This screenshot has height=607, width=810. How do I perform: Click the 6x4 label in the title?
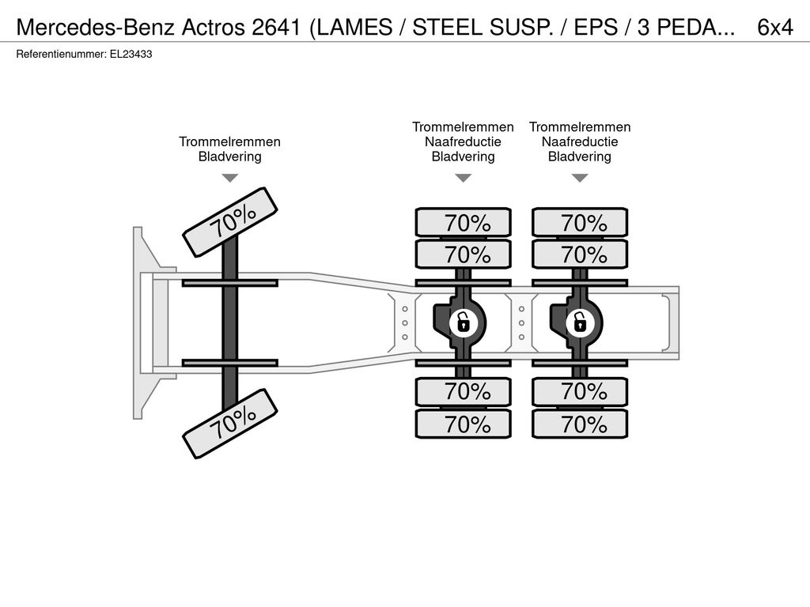775,28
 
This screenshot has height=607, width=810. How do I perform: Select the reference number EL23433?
131,55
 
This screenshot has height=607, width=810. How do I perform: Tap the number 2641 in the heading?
276,28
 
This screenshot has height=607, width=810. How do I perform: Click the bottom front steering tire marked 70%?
230,424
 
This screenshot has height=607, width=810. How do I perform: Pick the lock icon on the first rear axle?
464,323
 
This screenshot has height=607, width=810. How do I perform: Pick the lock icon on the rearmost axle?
580,323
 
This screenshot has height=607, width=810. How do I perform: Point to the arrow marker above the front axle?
230,178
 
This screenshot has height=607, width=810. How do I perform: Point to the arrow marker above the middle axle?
464,178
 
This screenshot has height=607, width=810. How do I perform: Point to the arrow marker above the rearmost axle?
580,178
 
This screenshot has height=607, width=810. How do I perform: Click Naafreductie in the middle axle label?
463,141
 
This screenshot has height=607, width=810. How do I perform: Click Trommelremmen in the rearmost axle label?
580,127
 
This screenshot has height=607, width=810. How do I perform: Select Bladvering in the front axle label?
230,156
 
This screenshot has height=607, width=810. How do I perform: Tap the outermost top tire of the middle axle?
464,222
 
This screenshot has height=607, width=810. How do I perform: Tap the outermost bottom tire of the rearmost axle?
580,424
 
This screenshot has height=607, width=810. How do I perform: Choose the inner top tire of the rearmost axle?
580,254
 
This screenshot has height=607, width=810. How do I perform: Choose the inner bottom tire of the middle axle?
464,392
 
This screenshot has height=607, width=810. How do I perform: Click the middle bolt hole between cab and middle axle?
405,323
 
